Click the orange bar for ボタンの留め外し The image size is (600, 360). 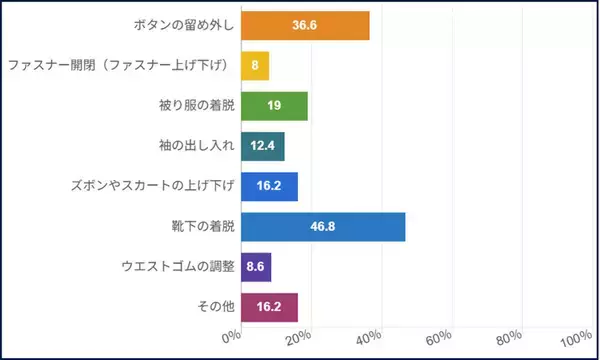pyautogui.click(x=305, y=26)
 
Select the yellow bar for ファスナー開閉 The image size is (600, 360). pyautogui.click(x=255, y=66)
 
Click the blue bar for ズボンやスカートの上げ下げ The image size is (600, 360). pyautogui.click(x=269, y=186)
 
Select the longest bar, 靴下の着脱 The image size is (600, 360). pyautogui.click(x=323, y=227)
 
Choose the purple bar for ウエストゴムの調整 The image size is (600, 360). pyautogui.click(x=256, y=267)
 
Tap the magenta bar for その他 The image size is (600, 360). pyautogui.click(x=269, y=307)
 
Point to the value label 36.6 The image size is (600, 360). pyautogui.click(x=305, y=26)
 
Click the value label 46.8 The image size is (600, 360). pyautogui.click(x=323, y=227)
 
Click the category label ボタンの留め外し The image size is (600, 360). pyautogui.click(x=184, y=26)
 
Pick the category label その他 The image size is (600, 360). pyautogui.click(x=215, y=307)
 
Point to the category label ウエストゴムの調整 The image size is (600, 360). pyautogui.click(x=177, y=267)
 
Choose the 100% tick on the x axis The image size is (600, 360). pyautogui.click(x=575, y=338)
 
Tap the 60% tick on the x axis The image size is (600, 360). pyautogui.click(x=438, y=337)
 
